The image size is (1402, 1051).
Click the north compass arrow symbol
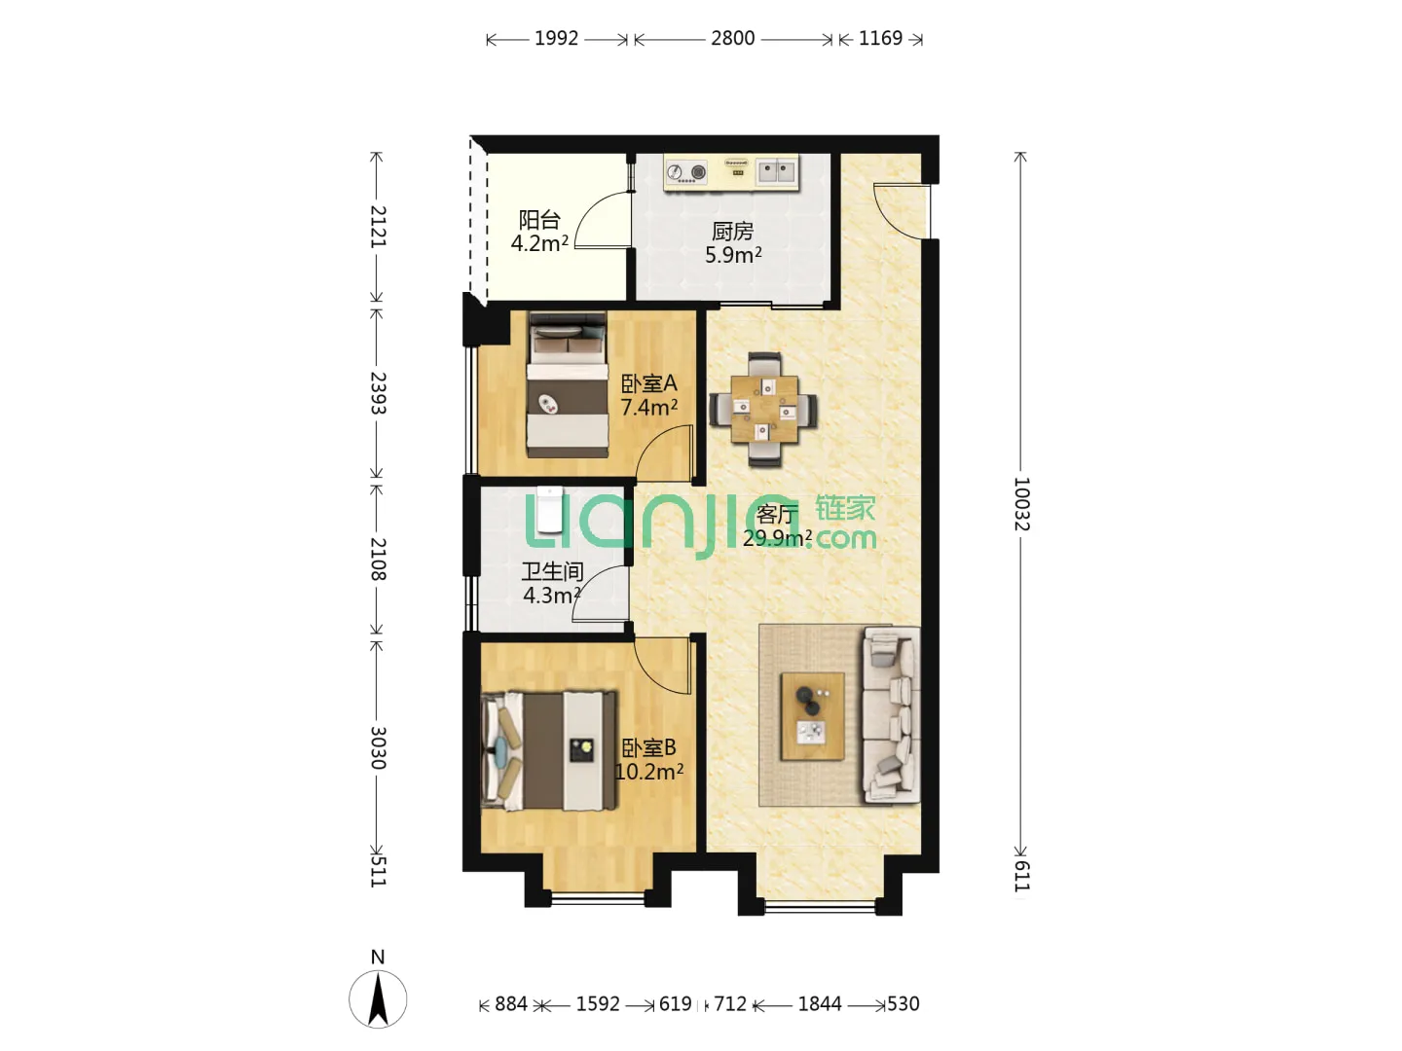pyautogui.click(x=378, y=998)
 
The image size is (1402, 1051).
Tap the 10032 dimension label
pyautogui.click(x=1021, y=503)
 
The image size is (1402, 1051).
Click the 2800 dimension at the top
pyautogui.click(x=732, y=39)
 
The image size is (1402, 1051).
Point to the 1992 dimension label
pyautogui.click(x=556, y=39)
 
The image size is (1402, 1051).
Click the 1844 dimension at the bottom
pyautogui.click(x=820, y=1003)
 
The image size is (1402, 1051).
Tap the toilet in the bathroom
pyautogui.click(x=549, y=509)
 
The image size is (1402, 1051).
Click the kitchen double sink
pyautogui.click(x=776, y=171)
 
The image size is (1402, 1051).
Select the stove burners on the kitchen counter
pyautogui.click(x=686, y=171)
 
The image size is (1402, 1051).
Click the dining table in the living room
pyautogui.click(x=764, y=409)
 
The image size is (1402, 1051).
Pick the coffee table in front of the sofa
pyautogui.click(x=812, y=716)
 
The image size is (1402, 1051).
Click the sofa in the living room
pyautogui.click(x=891, y=714)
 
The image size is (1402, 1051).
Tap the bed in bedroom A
pyautogui.click(x=567, y=384)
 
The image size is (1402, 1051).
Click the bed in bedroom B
pyautogui.click(x=549, y=750)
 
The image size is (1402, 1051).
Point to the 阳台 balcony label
pyautogui.click(x=539, y=220)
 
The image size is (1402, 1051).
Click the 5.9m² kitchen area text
pyautogui.click(x=732, y=255)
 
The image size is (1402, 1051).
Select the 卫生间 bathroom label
pyautogui.click(x=552, y=571)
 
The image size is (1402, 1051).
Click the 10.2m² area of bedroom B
pyautogui.click(x=649, y=772)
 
